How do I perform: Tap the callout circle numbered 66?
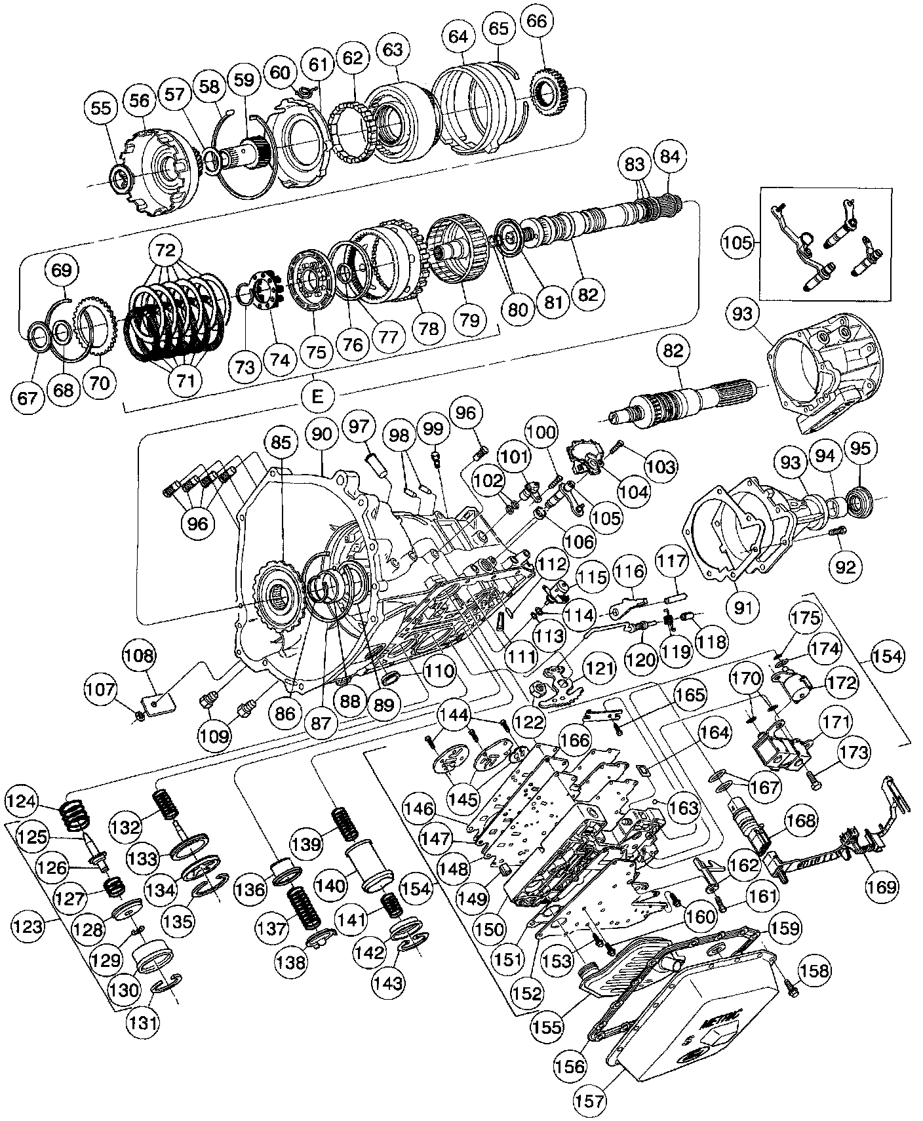point(536,21)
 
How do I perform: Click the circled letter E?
point(317,395)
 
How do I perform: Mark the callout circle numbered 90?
point(321,434)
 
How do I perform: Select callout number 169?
point(882,886)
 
